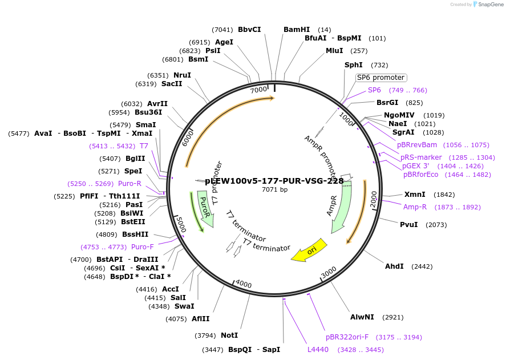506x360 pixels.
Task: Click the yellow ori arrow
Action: point(309,250)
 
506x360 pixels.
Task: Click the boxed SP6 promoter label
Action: point(380,78)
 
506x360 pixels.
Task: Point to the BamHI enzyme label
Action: point(297,30)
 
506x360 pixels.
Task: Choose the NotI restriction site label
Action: point(229,335)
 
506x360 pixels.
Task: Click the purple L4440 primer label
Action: point(318,350)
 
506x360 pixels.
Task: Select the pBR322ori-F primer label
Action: point(347,337)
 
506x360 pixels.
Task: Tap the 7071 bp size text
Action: point(274,189)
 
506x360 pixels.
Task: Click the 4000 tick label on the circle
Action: point(243,284)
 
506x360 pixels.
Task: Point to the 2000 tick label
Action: point(373,200)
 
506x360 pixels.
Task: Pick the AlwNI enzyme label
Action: point(362,317)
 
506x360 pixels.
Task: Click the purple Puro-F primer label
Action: point(143,247)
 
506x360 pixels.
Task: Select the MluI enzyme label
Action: point(334,51)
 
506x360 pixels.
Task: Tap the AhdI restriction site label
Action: point(394,266)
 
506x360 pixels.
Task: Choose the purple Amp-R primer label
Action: point(415,207)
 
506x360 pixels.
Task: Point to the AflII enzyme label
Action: point(200,319)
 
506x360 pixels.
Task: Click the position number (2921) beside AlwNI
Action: point(393,317)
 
